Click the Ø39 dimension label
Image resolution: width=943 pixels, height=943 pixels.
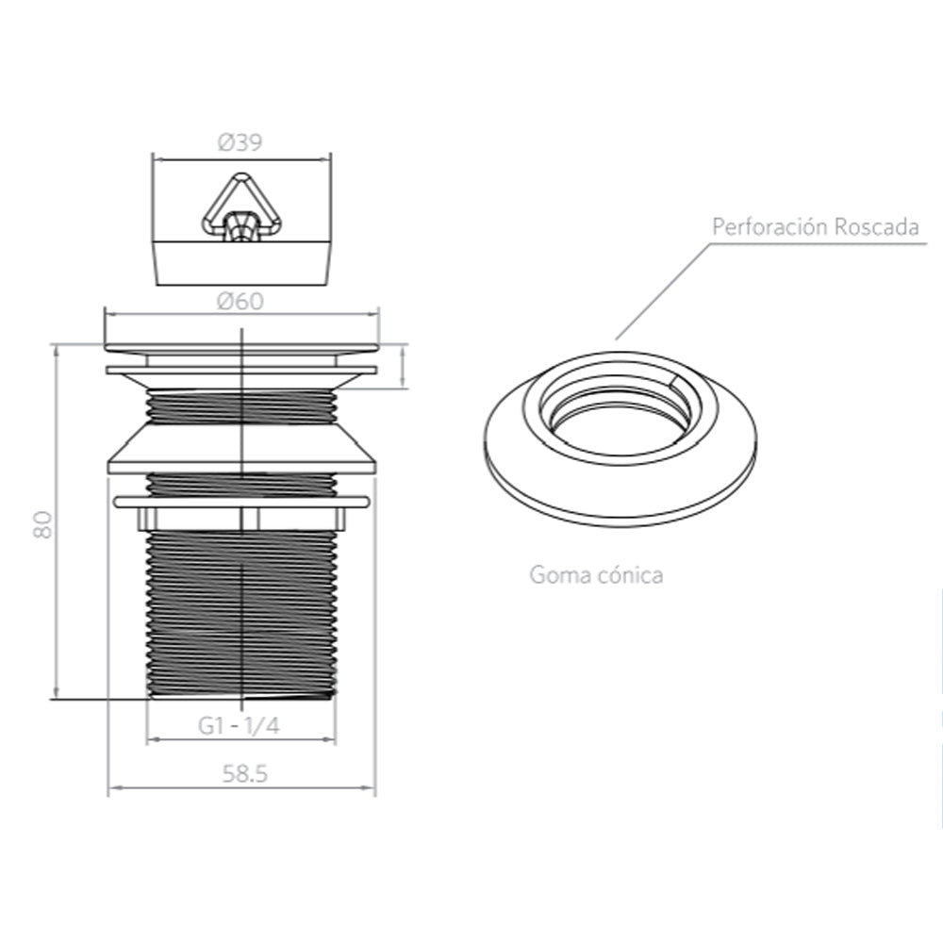(x=240, y=142)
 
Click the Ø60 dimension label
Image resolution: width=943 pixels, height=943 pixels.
(x=240, y=302)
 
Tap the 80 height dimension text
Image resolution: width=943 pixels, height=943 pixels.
(x=41, y=524)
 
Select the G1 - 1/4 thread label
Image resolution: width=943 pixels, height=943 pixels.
(x=240, y=725)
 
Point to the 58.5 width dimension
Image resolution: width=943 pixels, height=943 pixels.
(x=245, y=774)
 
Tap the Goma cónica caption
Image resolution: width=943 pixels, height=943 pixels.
(x=595, y=574)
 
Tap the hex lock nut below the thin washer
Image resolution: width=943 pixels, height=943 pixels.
(x=241, y=519)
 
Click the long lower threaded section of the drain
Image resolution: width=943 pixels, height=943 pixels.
(x=241, y=613)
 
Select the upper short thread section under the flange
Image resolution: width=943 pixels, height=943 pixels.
(x=241, y=406)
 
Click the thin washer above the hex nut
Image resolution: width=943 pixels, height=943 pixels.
(x=241, y=502)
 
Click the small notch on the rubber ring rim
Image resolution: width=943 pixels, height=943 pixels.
(x=672, y=381)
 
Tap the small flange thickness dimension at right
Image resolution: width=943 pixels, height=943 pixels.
(x=405, y=367)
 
